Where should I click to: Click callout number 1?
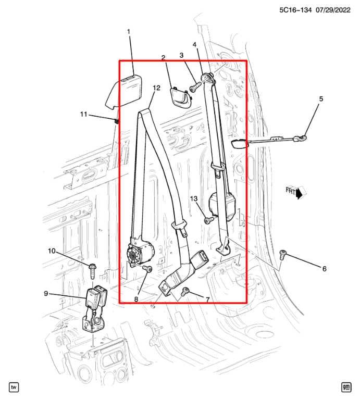pos(129,32)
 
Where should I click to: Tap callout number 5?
pos(321,98)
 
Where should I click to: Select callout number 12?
pos(156,89)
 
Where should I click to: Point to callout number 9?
pos(46,294)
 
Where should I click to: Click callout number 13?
pos(194,198)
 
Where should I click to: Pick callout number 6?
pos(324,269)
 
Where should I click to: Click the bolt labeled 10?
pos(92,270)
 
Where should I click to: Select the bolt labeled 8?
pos(147,269)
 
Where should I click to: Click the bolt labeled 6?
pos(282,255)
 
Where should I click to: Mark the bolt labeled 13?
pos(208,221)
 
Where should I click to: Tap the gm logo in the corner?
pos(346,386)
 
